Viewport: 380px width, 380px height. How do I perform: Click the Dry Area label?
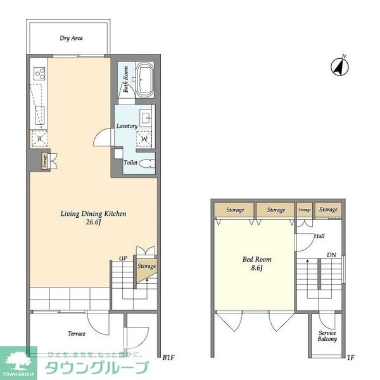click(x=72, y=38)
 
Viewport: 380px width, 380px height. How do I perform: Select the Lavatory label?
click(x=127, y=126)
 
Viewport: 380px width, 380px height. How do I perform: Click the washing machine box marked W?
click(x=144, y=137)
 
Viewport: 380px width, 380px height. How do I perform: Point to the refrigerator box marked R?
click(x=39, y=137)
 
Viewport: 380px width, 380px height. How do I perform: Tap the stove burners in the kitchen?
click(x=39, y=73)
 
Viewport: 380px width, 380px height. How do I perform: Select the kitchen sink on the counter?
click(x=39, y=115)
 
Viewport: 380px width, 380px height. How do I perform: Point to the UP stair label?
click(x=124, y=258)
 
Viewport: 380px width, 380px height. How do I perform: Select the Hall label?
click(x=319, y=237)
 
